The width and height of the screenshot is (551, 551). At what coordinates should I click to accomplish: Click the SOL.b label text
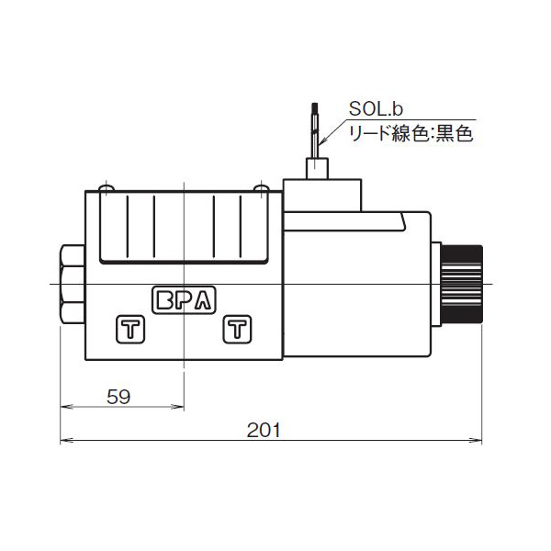click(375, 110)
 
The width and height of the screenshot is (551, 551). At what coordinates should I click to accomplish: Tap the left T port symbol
click(128, 329)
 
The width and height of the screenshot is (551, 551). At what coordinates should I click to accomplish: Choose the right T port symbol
click(237, 329)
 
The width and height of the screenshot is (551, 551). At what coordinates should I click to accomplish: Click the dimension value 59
click(118, 397)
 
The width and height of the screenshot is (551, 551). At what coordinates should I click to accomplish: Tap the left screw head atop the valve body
click(107, 189)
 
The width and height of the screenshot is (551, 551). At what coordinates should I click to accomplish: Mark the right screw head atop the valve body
click(260, 189)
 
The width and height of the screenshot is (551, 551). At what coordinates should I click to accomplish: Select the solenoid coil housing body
click(358, 285)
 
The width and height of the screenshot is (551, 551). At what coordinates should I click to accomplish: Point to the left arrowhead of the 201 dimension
click(64, 441)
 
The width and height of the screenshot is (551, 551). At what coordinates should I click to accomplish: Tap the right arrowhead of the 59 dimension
click(180, 408)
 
